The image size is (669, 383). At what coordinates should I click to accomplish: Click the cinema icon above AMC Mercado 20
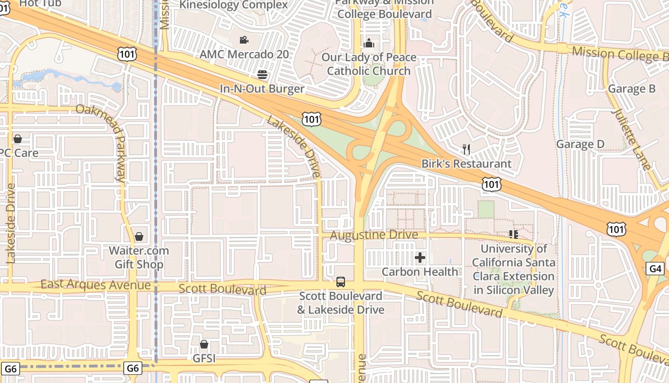coord(244,40)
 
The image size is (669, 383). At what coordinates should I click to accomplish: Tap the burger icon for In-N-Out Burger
coord(262,75)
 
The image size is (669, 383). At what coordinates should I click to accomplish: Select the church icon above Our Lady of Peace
coord(368,44)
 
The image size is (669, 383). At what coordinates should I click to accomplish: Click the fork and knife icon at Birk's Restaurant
coord(466,149)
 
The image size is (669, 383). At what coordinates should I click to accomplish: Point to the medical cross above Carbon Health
coord(420,258)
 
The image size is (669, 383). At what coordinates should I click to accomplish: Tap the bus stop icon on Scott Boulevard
coord(340,282)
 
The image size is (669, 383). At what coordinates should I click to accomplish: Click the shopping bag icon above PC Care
coord(18,139)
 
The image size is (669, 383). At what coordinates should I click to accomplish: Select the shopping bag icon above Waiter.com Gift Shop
coord(139,237)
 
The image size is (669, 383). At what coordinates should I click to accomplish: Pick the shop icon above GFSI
coord(204,344)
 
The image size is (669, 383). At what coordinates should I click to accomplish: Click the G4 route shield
coord(656,269)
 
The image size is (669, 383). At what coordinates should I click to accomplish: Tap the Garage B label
coord(631,89)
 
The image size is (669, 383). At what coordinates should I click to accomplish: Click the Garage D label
coord(580,144)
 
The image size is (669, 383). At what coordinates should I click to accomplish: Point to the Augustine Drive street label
coord(374,235)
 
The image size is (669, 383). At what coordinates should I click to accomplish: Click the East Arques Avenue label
coord(96,285)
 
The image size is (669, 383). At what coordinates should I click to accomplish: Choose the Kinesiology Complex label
coord(234,5)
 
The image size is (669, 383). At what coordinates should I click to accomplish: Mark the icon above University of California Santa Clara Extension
coord(514,234)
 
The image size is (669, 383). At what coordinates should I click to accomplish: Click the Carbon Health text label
coord(420,272)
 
